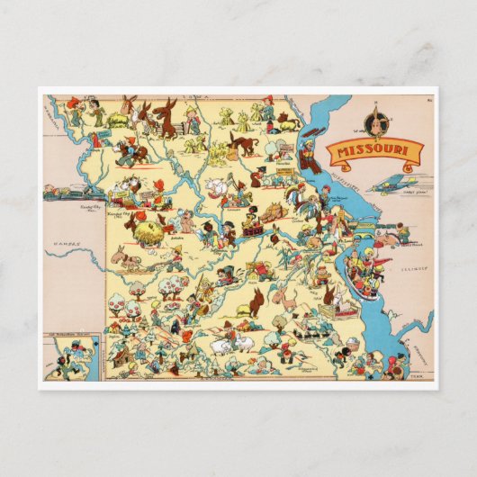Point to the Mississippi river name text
[x=337, y=184]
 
